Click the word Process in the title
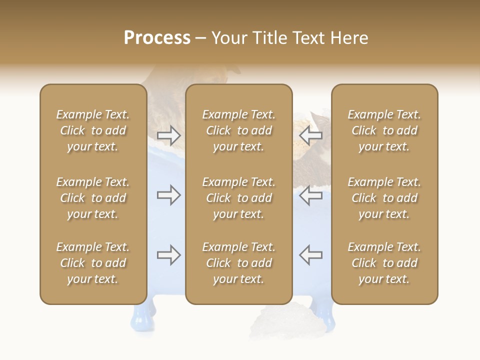pos(157,38)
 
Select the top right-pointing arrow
pos(168,135)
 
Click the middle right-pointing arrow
pos(168,195)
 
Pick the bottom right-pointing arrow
pos(168,255)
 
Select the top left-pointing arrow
pos(310,135)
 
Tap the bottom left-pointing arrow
pos(310,255)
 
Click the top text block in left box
pos(93,130)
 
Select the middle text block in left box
pos(93,198)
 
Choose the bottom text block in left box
pos(93,263)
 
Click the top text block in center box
pos(238,130)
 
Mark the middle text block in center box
pos(238,198)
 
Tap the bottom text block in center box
pos(238,263)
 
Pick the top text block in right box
pos(384,130)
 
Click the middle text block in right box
pos(384,198)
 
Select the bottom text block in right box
pos(384,263)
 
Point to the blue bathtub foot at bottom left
pos(138,317)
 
